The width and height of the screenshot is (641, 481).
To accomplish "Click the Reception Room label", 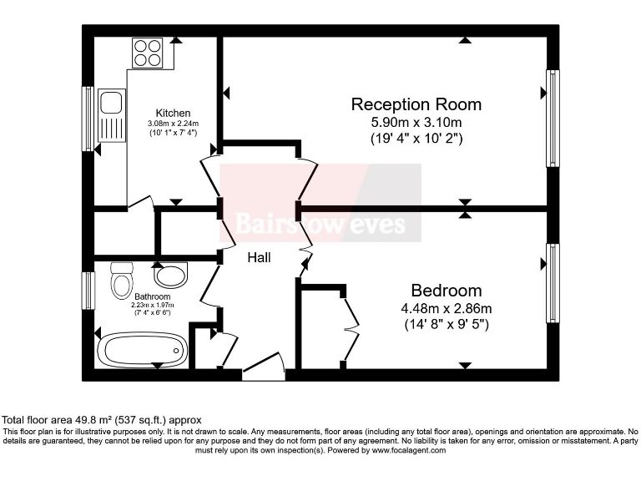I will click(416, 104).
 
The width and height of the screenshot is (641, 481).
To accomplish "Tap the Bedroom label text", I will click(446, 291).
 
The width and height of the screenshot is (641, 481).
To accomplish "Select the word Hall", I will click(259, 258).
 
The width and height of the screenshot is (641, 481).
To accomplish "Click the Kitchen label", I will click(173, 114).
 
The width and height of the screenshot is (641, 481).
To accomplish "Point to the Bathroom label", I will click(152, 296).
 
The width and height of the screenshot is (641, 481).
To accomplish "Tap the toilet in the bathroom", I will click(122, 279).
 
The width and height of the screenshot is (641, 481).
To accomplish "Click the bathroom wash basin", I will click(171, 276).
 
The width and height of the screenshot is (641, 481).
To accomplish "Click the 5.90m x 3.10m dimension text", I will click(416, 123).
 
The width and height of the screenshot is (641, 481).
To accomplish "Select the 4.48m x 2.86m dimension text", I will click(446, 308).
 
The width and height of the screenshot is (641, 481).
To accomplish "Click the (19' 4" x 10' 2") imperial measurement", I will click(416, 139).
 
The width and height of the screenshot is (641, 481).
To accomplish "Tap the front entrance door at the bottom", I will click(264, 368).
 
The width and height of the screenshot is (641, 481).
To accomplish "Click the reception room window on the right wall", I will click(552, 118).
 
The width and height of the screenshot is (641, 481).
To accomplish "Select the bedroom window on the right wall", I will click(552, 282).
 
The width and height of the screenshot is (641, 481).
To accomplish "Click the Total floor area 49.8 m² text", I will click(102, 419).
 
